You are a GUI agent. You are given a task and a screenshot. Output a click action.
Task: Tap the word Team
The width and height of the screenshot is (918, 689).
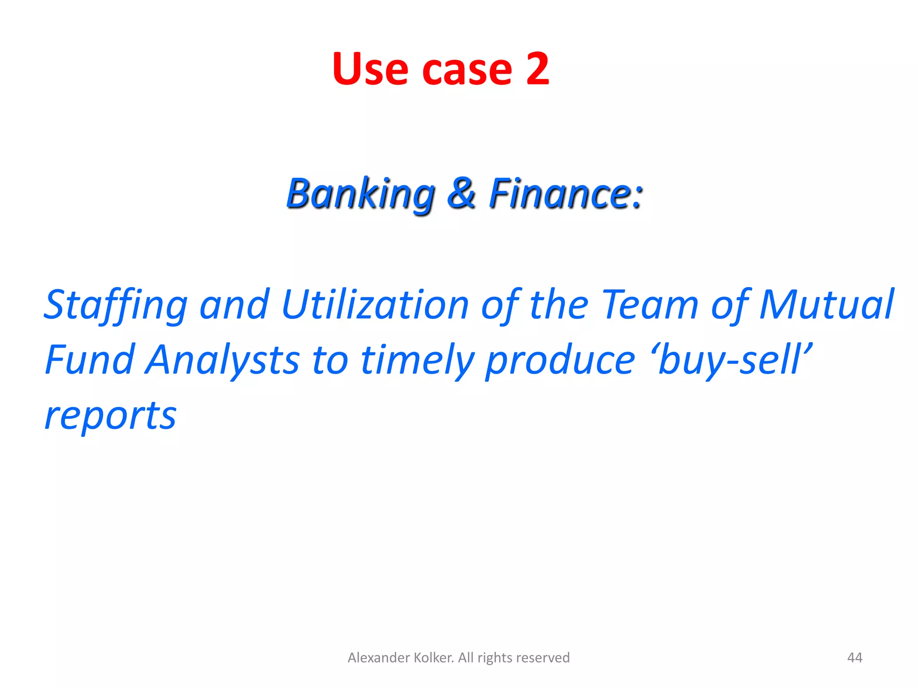[x=650, y=305]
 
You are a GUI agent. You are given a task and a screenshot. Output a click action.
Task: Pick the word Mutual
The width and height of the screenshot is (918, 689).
[x=827, y=305]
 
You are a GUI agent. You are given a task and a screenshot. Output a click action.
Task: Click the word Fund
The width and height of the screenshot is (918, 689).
[x=90, y=360]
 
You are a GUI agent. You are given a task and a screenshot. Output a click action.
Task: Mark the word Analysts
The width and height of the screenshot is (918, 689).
[x=222, y=361]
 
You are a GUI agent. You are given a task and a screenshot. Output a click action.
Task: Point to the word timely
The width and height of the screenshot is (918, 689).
[x=417, y=361]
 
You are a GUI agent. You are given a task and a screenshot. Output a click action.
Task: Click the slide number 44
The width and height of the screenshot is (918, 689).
[x=854, y=658]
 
